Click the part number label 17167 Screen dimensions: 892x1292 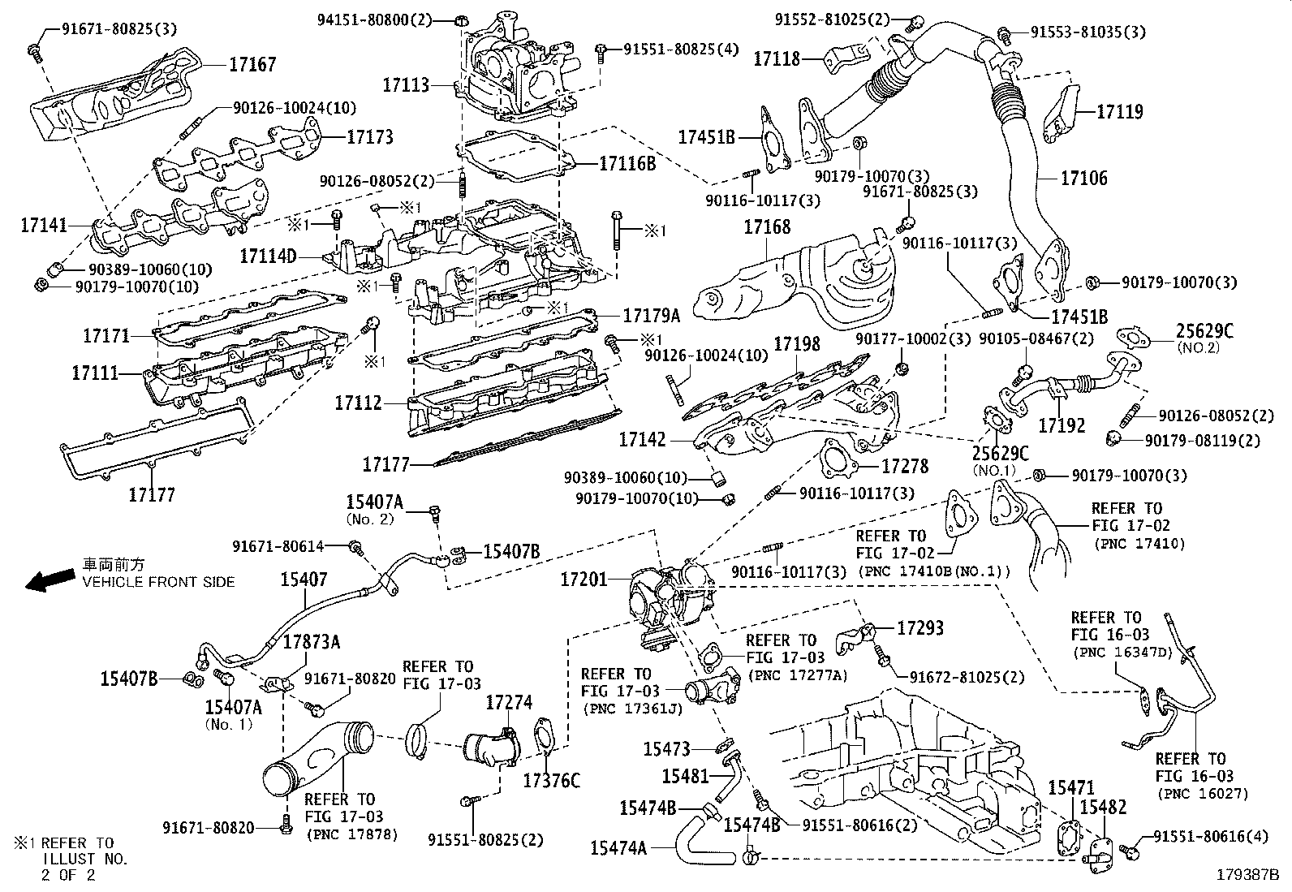[x=254, y=64]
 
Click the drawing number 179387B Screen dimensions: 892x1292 [x=1247, y=875]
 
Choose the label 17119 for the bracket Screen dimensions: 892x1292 [x=1120, y=112]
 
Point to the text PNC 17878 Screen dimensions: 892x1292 [x=352, y=834]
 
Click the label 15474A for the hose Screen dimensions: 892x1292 [x=619, y=848]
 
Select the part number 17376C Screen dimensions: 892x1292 [x=552, y=781]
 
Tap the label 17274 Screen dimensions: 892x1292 [x=509, y=701]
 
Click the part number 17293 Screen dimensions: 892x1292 [x=920, y=627]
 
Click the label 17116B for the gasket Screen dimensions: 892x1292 [x=627, y=163]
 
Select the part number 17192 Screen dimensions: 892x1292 [x=1062, y=424]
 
